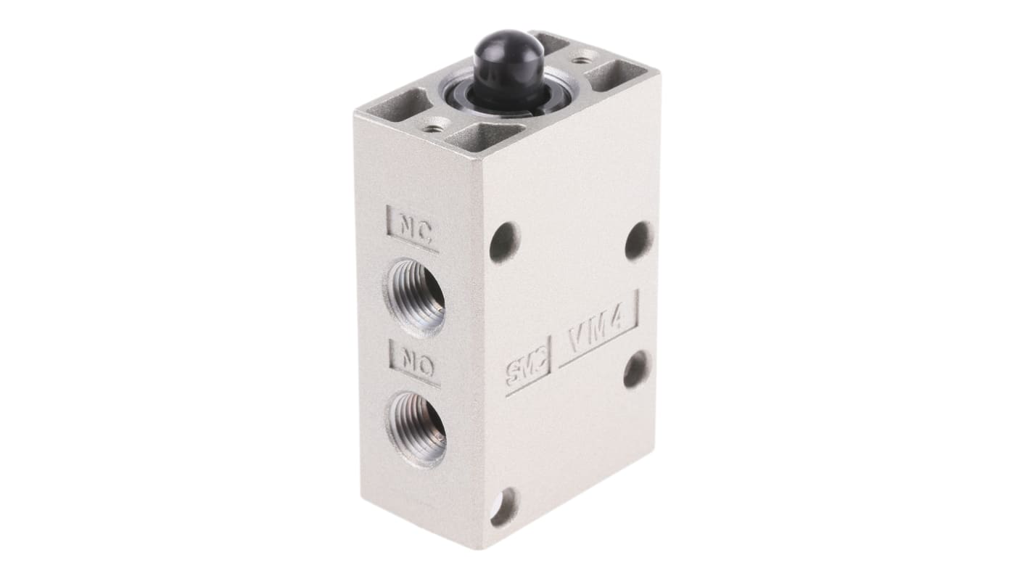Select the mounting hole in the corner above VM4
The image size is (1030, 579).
pos(639,237)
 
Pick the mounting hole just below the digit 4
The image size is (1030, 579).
pos(636,369)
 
